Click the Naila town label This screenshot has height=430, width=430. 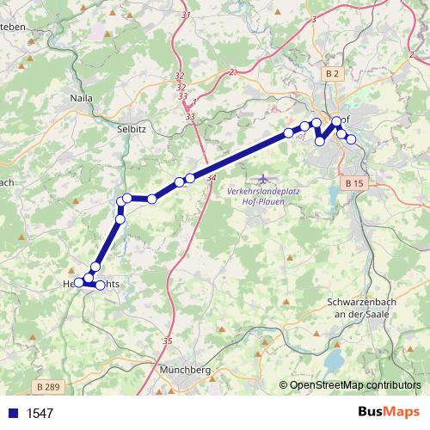[x=80, y=99]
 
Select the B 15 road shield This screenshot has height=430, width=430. [x=353, y=183]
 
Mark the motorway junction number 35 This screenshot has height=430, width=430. [x=167, y=341]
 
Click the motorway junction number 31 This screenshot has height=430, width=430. [x=187, y=15]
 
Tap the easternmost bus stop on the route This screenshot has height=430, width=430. [x=351, y=139]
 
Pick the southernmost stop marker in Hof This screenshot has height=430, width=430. [x=320, y=141]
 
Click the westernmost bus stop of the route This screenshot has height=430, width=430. [x=78, y=282]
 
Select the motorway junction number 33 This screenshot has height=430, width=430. [x=189, y=115]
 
